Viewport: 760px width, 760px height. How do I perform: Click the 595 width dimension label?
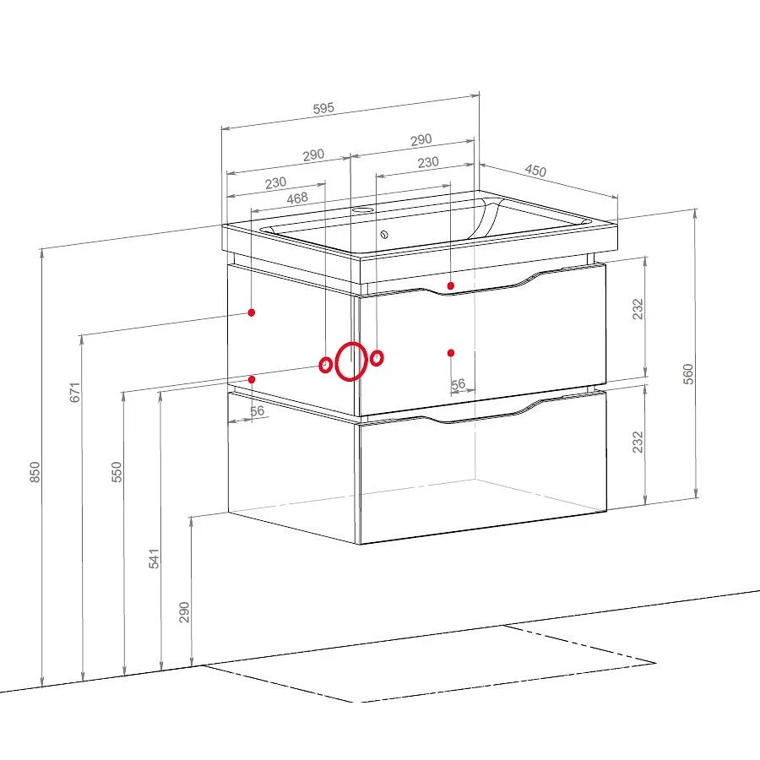point(323,108)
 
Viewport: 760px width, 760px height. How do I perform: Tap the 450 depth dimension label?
point(535,171)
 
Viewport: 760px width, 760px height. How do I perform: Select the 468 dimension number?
point(297,198)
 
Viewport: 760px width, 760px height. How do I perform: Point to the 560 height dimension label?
point(688,374)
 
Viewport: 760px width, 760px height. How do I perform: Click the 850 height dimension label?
point(35,472)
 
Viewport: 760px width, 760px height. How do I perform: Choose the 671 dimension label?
point(74,392)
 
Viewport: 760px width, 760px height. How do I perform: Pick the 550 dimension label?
point(117,471)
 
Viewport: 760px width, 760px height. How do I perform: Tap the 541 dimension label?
point(154,558)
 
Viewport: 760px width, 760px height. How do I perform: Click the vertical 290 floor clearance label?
point(184,611)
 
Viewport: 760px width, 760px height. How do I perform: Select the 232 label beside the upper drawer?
point(638,309)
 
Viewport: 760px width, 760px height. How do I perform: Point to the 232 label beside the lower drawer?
point(638,442)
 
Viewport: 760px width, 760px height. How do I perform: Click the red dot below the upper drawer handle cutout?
point(451,286)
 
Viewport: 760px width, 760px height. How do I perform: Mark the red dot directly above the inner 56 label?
point(451,353)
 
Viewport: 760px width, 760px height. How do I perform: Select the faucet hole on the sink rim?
point(361,210)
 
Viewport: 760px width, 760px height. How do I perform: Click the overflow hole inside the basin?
point(384,235)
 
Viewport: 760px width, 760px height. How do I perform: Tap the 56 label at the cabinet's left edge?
point(257,411)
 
